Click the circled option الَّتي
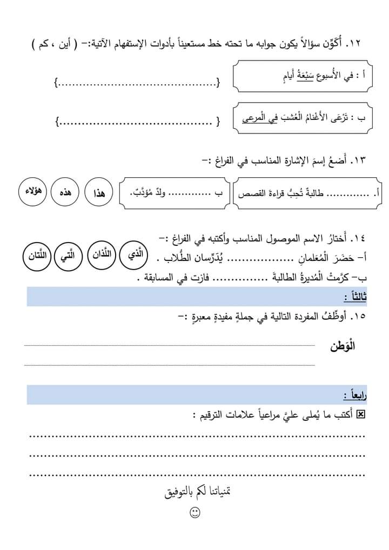click(68, 257)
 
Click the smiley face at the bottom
click(195, 512)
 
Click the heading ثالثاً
click(354, 297)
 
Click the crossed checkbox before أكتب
click(361, 414)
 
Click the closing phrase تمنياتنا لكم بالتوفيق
click(197, 492)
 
